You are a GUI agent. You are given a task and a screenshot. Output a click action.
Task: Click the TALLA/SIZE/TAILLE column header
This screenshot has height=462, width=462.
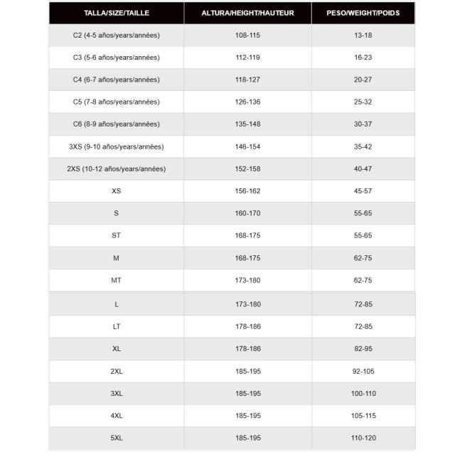pyautogui.click(x=117, y=13)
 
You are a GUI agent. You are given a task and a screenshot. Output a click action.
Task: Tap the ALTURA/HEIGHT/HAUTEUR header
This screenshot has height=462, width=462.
pyautogui.click(x=247, y=13)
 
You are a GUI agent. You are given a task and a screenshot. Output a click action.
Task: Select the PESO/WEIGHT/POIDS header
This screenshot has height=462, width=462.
pyautogui.click(x=362, y=13)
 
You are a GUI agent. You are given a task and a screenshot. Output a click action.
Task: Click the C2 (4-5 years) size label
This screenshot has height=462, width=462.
pyautogui.click(x=117, y=35)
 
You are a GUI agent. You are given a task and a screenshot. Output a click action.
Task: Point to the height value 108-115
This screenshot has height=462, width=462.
pyautogui.click(x=247, y=35)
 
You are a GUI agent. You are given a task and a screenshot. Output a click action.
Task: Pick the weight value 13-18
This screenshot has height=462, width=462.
pyautogui.click(x=362, y=35)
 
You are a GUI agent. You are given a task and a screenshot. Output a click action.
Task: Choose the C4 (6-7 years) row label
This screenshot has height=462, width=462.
pyautogui.click(x=117, y=80)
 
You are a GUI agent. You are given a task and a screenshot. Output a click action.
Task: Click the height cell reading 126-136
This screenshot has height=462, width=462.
pyautogui.click(x=247, y=102)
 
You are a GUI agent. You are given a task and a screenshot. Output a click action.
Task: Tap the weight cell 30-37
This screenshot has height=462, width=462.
pyautogui.click(x=362, y=124)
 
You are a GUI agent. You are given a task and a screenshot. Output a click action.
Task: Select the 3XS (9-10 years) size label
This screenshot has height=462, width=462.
pyautogui.click(x=117, y=146)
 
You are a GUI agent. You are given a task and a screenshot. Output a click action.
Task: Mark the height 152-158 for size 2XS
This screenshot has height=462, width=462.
pyautogui.click(x=247, y=168)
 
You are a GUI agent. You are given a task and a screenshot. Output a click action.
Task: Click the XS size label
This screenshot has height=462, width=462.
pyautogui.click(x=117, y=190)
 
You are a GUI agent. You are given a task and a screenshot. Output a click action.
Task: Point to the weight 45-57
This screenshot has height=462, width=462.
pyautogui.click(x=362, y=190)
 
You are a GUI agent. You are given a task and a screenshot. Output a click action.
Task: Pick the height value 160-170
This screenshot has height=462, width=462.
pyautogui.click(x=247, y=213)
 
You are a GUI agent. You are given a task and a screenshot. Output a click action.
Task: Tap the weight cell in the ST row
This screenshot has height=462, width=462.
pyautogui.click(x=362, y=235)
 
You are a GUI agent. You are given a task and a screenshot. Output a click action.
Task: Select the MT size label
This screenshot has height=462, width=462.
pyautogui.click(x=117, y=280)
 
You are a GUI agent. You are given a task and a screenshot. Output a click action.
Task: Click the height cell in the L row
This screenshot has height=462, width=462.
pyautogui.click(x=247, y=304)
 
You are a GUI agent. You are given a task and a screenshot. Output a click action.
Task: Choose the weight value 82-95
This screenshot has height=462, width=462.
pyautogui.click(x=362, y=349)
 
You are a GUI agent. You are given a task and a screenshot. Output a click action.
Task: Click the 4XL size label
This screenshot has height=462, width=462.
pyautogui.click(x=117, y=416)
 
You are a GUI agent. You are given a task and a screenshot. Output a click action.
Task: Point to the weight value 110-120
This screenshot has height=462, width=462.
pyautogui.click(x=362, y=438)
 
